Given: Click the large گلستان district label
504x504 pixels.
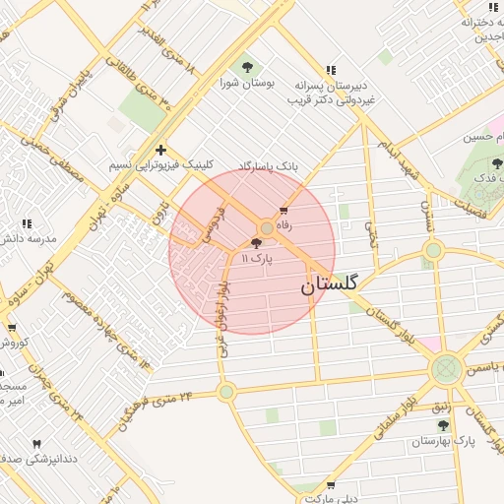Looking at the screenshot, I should pos(328,284).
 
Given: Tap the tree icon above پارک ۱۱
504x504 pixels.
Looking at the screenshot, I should pos(257,243).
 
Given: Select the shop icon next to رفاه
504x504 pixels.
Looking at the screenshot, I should pos(284,210).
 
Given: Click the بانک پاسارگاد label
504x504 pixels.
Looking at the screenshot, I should pos(268,167).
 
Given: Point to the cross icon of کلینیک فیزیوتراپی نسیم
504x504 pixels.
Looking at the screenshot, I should pos(160,150).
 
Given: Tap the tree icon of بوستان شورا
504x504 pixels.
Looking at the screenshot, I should pos(247,68).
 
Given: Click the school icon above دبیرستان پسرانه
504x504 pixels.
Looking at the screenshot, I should pos(331,70).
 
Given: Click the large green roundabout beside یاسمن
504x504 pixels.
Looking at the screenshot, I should pos(446,369).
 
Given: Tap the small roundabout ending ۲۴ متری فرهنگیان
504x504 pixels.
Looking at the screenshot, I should pos(226,392).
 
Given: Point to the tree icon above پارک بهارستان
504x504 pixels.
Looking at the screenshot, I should pos(442,425).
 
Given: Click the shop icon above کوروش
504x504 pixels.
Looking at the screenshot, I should pos(12,328).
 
